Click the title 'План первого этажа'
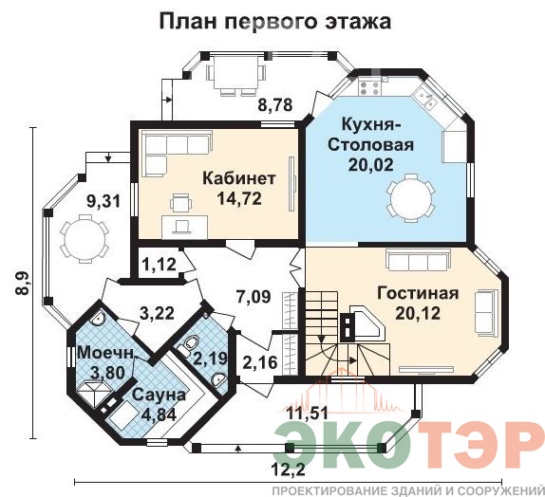tap(275, 22)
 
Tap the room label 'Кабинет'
tap(239, 178)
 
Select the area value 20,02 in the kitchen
tap(370, 164)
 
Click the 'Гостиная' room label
tap(418, 293)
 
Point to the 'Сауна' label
tap(159, 396)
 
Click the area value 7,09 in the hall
tap(253, 297)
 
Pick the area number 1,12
tap(159, 265)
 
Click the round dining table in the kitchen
tap(411, 198)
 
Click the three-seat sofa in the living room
tap(418, 261)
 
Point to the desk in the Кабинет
tap(185, 227)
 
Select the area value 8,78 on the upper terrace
tap(275, 104)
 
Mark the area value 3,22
tap(157, 313)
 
